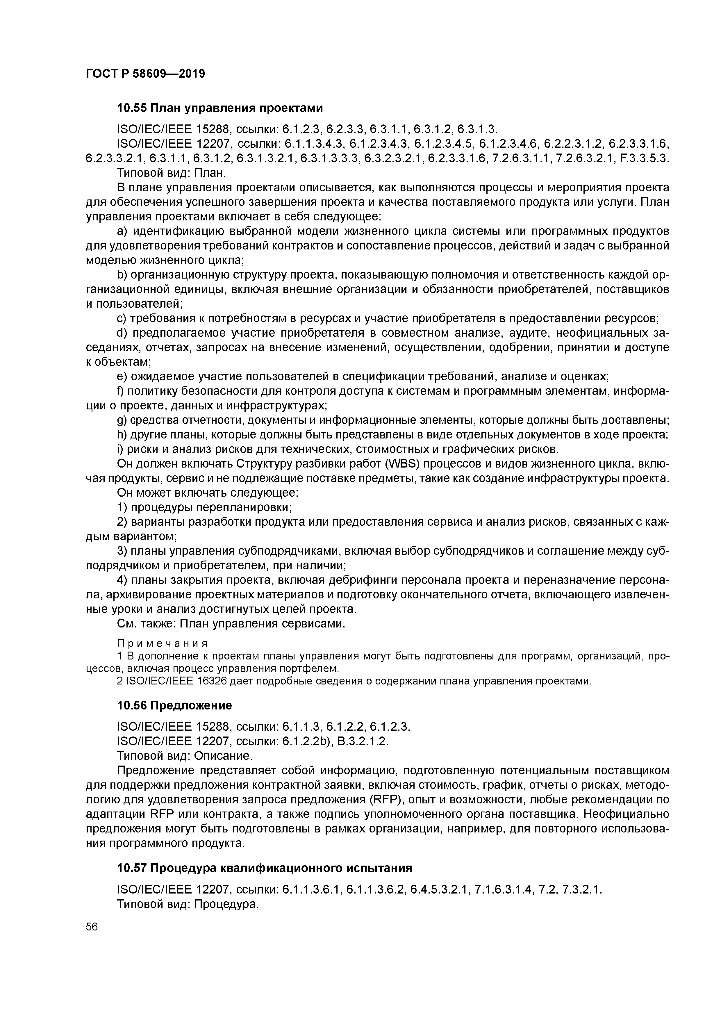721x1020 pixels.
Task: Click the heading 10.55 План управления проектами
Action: [219, 108]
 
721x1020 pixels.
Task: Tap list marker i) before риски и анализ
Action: [120, 449]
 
